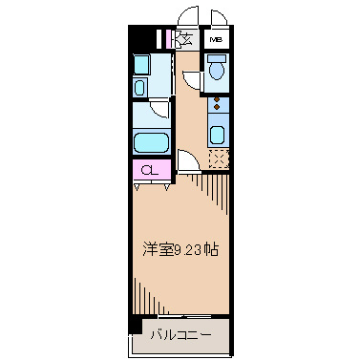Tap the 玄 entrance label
point(186,39)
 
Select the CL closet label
point(149,171)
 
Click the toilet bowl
point(217,70)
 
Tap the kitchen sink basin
point(217,134)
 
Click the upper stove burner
point(217,98)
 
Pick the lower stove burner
point(217,109)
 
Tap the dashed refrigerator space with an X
point(219,159)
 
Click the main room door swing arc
point(188,161)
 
